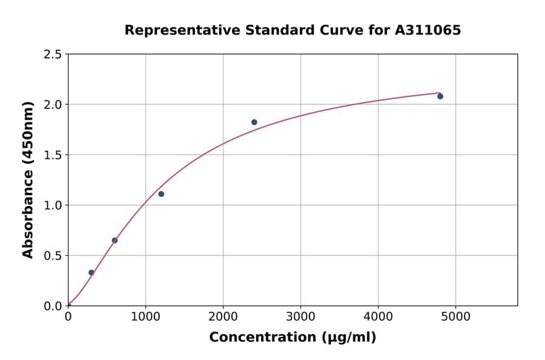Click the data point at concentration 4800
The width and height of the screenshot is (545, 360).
440,96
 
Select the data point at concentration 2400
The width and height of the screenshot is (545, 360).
254,122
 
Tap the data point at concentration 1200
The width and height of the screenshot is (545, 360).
161,194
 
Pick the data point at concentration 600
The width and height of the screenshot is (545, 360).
114,241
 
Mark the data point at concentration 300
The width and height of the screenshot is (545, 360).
91,273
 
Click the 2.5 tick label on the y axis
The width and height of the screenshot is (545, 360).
53,55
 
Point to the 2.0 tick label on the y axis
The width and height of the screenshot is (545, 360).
53,105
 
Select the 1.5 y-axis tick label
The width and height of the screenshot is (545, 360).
53,155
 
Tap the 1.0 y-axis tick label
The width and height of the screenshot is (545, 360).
53,205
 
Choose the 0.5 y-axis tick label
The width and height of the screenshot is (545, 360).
53,256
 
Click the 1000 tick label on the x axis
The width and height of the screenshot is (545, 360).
145,316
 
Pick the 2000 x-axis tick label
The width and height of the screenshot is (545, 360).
223,316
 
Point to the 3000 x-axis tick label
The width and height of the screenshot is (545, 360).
300,316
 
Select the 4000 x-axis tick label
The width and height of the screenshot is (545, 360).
378,316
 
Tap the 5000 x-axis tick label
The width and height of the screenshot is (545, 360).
456,316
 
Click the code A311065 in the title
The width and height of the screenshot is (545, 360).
429,30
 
